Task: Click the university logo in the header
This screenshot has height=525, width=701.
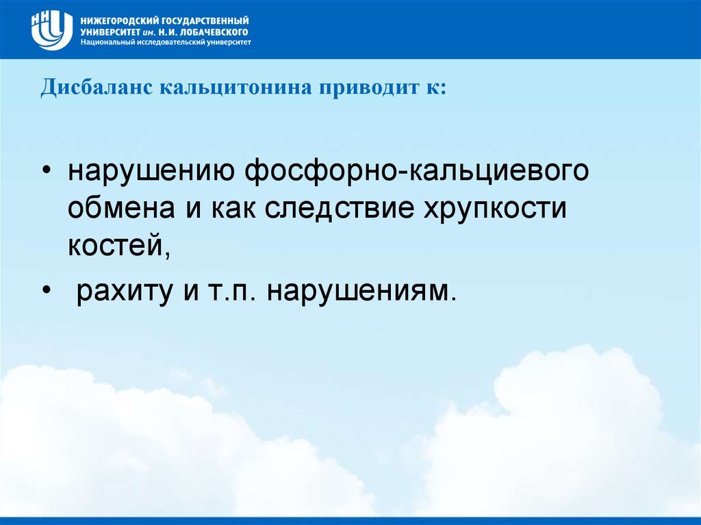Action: click(x=52, y=29)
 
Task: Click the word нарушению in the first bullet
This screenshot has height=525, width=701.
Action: click(x=152, y=171)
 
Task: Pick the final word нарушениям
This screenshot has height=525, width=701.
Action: click(x=361, y=291)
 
